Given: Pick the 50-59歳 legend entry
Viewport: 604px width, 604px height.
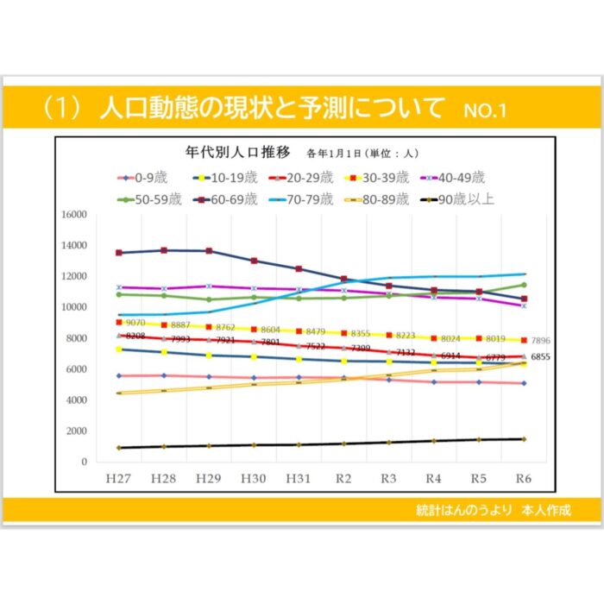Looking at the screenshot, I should point(150,199).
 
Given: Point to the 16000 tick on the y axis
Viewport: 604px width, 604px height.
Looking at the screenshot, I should point(72,214).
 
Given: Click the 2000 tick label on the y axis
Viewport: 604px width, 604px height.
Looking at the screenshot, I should point(76,431).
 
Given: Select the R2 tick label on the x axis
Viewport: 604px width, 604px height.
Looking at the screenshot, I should point(343,477).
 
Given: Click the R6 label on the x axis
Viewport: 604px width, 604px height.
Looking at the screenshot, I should point(523,477).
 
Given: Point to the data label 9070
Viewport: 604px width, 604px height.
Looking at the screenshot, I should point(135,323).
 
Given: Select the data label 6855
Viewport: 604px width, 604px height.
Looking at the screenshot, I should point(540,356).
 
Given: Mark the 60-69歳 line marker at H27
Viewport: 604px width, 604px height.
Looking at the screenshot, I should point(118,253).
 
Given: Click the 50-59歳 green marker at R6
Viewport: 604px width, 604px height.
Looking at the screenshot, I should point(523,285).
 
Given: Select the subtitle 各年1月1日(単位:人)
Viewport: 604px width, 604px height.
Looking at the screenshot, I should point(362,154).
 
